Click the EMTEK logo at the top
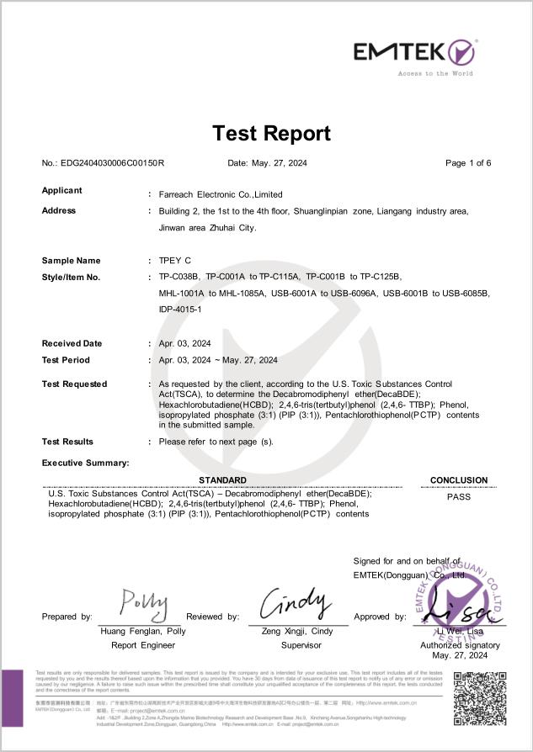[x=414, y=52]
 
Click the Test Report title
[x=271, y=133]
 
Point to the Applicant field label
[x=62, y=190]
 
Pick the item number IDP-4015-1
[x=180, y=310]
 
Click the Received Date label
[x=72, y=343]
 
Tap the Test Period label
[x=67, y=359]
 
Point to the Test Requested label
[x=75, y=384]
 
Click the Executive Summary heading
[x=86, y=463]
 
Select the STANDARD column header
[x=222, y=480]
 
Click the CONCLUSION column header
[x=459, y=480]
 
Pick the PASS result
[x=459, y=496]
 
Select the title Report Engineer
[x=143, y=645]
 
